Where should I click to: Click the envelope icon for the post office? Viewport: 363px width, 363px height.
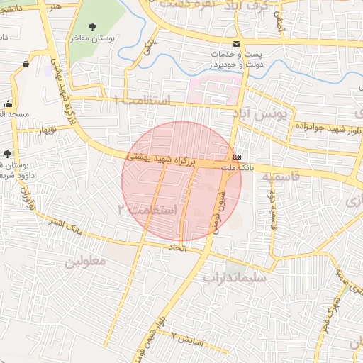point(235,44)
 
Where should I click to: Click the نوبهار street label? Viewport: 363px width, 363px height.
point(47,130)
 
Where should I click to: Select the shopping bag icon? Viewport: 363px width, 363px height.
point(26,65)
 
